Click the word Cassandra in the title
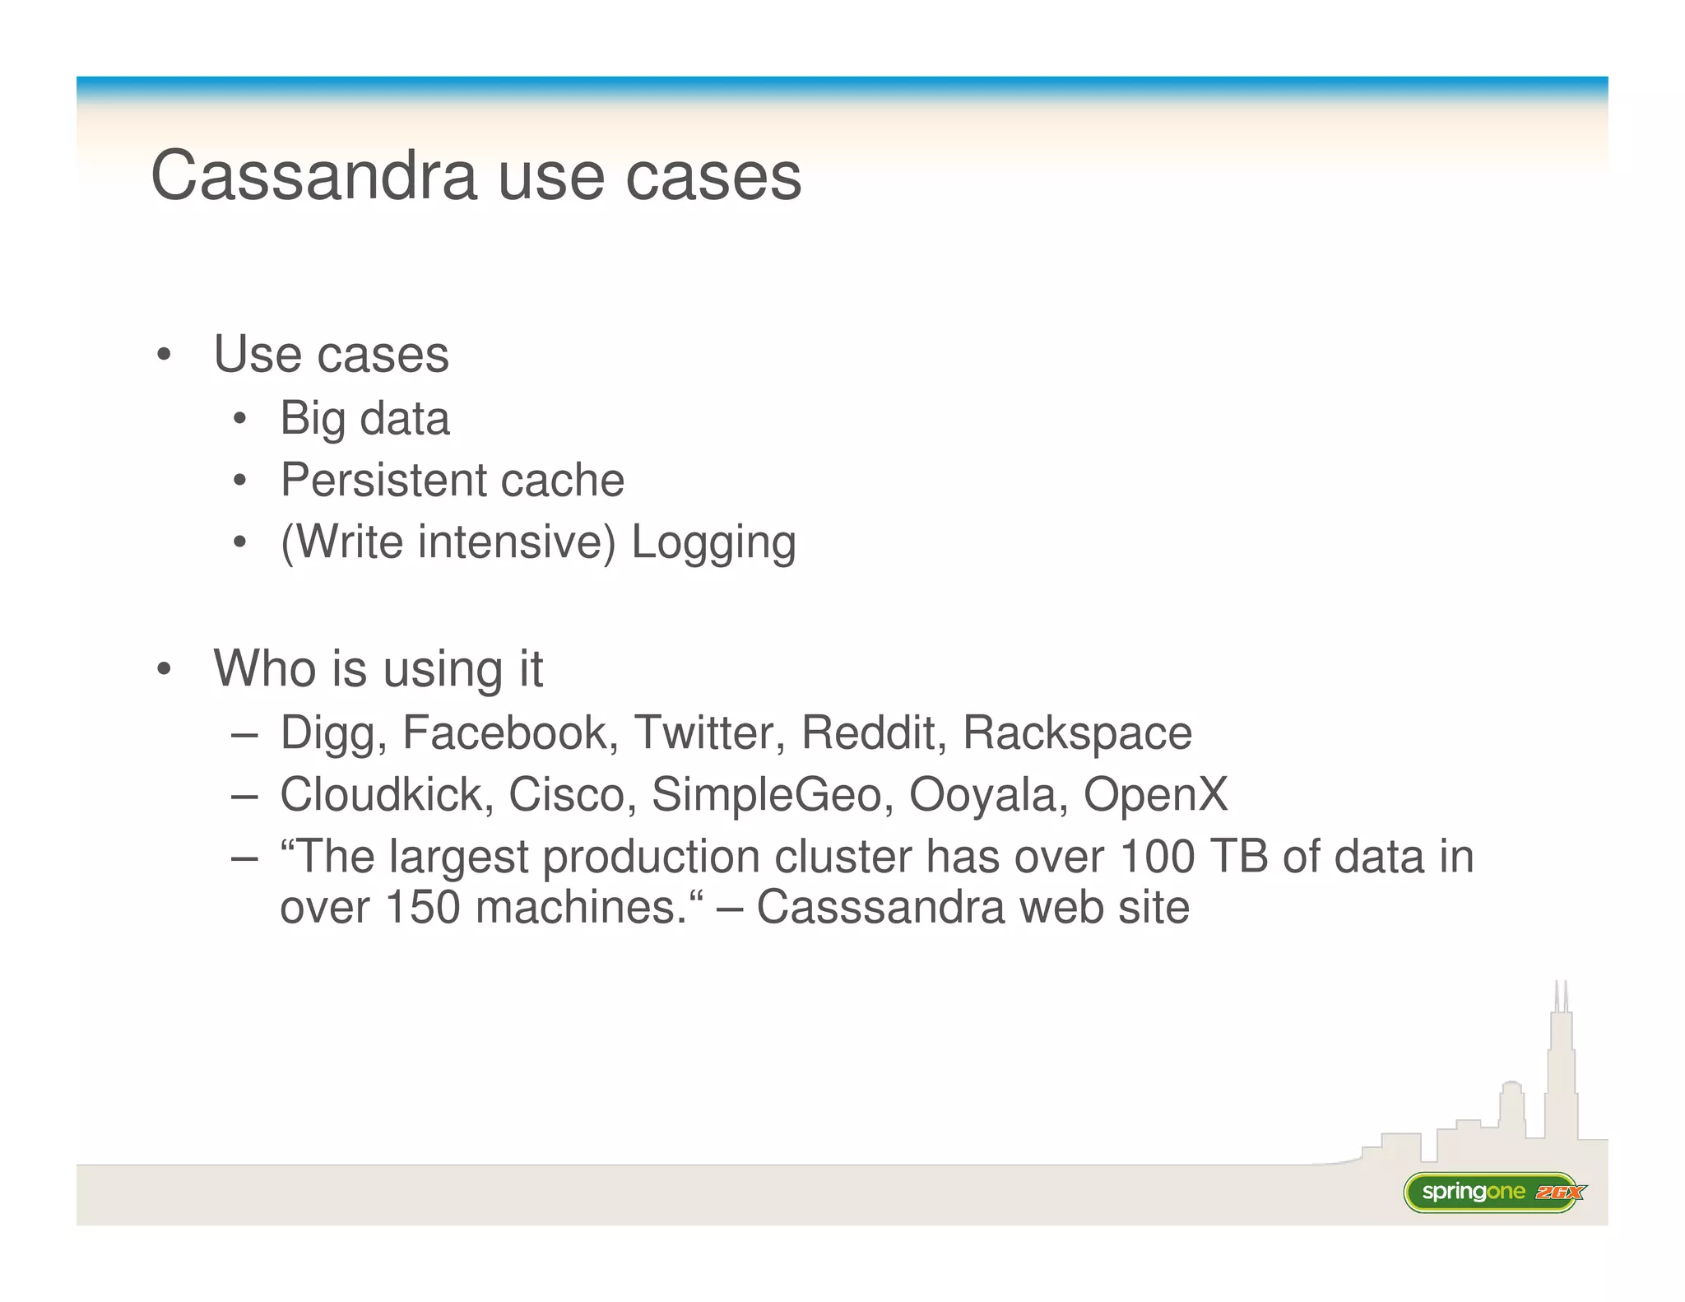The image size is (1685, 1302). point(313,175)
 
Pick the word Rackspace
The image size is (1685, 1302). point(1077,732)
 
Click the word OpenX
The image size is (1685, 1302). point(1155,794)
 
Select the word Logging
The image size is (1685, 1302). point(713,543)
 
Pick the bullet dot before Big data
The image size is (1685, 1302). point(239,419)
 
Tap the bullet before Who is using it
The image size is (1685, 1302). point(164,669)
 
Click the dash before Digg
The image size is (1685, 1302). point(244,733)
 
